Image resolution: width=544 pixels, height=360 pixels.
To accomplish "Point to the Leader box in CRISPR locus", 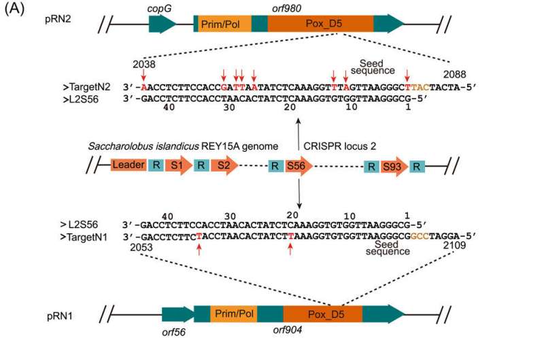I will tap(128, 165).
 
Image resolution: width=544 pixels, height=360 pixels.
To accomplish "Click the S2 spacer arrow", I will tap(223, 165).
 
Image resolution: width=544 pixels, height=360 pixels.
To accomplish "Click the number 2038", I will tap(143, 63).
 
